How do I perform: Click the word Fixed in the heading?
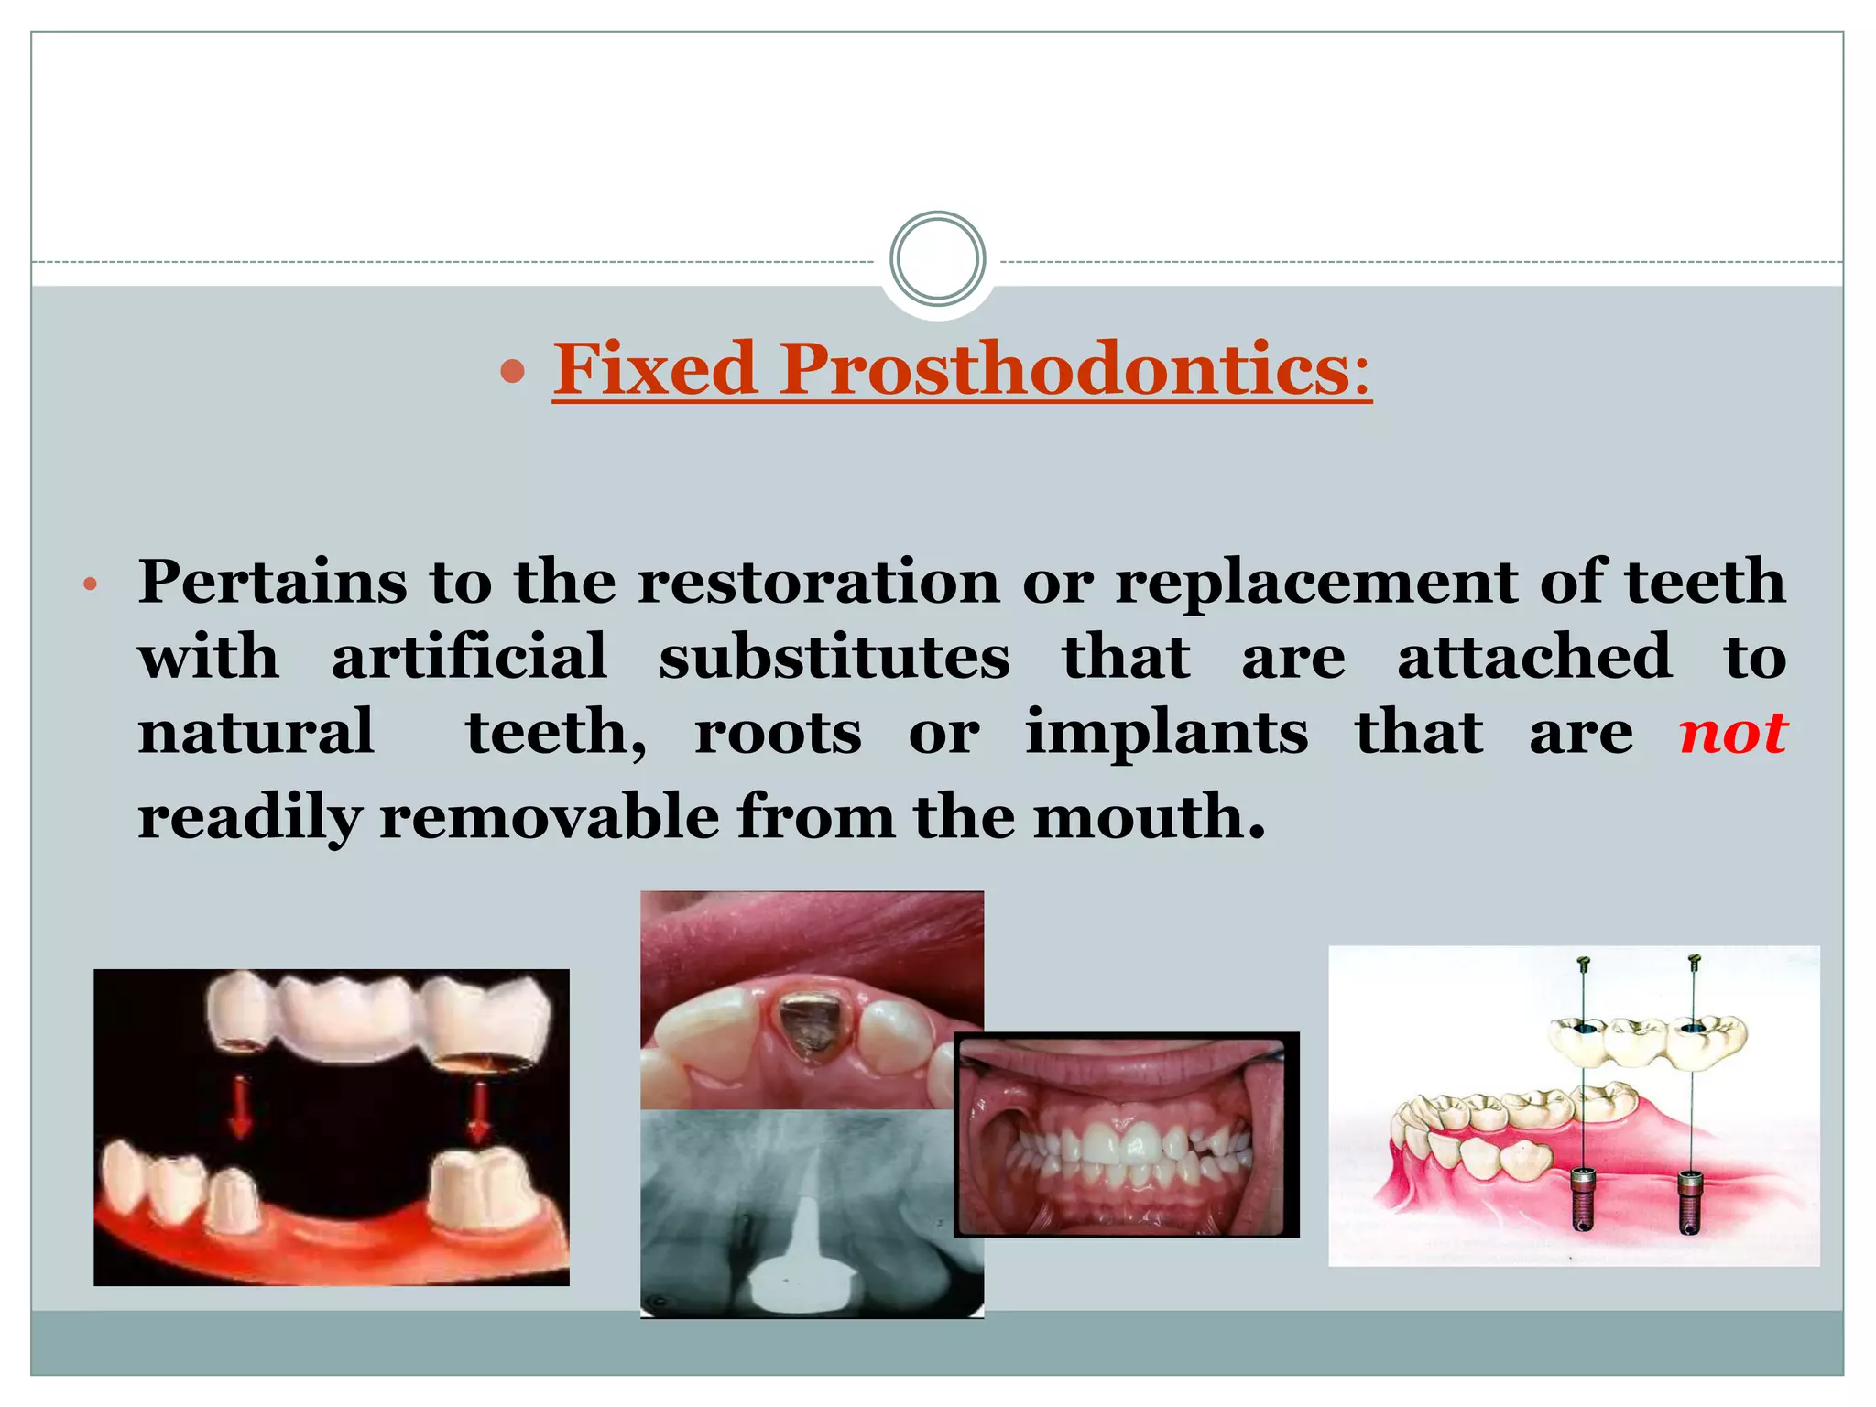click(654, 368)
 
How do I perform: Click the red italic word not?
click(1732, 734)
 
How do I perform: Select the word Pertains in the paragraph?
click(272, 582)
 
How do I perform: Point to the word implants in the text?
click(1166, 734)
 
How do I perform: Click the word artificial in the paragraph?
click(469, 657)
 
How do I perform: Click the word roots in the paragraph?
click(778, 734)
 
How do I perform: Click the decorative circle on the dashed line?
click(937, 259)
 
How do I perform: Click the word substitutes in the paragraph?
click(834, 657)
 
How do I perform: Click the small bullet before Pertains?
click(89, 585)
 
